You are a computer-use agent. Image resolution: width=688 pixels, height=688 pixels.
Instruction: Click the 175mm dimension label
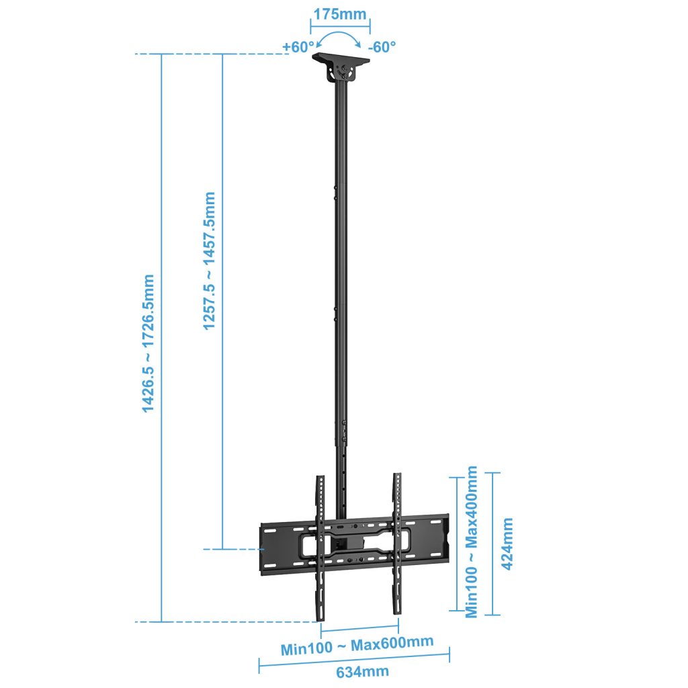point(340,14)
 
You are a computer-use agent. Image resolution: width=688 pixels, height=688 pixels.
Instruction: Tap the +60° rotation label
point(298,46)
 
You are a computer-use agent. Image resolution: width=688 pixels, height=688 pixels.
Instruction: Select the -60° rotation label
point(382,46)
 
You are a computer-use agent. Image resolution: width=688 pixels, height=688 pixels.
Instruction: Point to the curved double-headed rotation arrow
point(339,34)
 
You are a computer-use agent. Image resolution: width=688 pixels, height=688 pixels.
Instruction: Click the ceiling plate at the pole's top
point(341,59)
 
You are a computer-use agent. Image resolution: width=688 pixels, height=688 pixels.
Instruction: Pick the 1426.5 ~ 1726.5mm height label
point(148,343)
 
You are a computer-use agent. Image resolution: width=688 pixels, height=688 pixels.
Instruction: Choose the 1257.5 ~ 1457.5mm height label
point(210,261)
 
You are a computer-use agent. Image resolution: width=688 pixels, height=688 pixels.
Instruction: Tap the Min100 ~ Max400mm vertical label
point(471,542)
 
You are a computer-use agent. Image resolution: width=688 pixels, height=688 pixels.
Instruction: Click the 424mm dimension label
point(507,544)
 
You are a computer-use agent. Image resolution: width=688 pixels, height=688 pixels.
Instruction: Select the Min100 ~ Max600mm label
point(357,646)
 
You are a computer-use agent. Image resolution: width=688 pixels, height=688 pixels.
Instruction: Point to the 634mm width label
point(362,672)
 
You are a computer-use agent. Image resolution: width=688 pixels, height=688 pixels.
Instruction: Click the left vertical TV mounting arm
point(320,548)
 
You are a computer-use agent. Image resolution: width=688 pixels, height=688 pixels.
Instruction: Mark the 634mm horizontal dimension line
point(354,659)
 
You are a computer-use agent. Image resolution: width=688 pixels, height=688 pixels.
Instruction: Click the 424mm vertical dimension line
point(492,544)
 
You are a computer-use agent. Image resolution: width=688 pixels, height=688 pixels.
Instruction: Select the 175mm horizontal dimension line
point(340,26)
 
